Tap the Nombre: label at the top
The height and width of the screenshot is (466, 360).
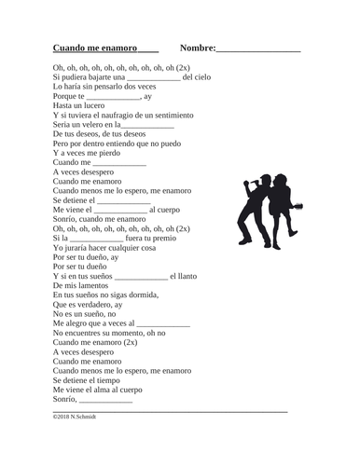[x=198, y=47]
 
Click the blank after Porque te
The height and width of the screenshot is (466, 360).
[x=113, y=96]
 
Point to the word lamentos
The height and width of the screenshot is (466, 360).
[x=93, y=285]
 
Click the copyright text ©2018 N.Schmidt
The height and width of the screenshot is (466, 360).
[x=76, y=417]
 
